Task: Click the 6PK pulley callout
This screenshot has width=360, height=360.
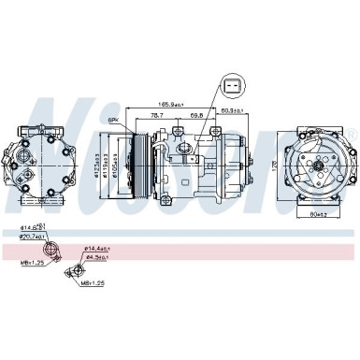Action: pos(114,119)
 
